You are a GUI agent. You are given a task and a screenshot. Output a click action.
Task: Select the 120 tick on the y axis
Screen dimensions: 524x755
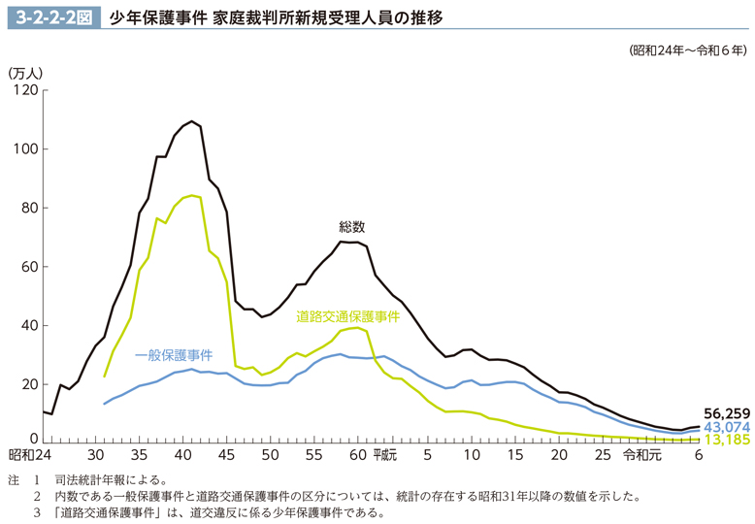pos(24,91)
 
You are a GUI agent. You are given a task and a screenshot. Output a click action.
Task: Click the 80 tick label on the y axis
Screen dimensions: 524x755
pos(28,208)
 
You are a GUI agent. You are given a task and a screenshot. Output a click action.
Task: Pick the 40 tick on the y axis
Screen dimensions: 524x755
pos(28,325)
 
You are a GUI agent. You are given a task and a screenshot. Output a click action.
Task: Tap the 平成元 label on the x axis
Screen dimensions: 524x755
pos(383,454)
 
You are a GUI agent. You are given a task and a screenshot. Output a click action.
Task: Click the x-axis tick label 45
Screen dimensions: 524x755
pos(227,454)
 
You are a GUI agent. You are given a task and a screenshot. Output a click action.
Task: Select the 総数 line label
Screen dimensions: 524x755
pos(351,227)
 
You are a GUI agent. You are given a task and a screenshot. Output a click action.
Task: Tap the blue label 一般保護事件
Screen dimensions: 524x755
pos(174,354)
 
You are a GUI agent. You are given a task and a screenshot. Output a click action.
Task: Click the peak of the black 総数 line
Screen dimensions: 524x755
pos(192,121)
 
